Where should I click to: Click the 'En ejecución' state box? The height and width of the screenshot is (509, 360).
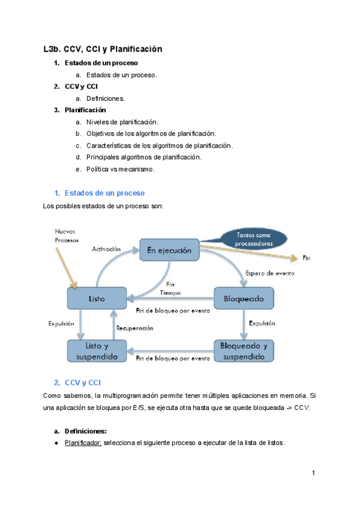tap(169, 250)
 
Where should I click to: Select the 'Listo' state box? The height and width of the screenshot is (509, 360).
tap(97, 298)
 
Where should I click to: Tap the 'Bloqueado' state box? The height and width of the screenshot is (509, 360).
tap(244, 298)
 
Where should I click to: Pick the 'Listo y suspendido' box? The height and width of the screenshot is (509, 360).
tap(97, 351)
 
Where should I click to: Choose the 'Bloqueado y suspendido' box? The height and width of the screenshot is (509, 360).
tap(244, 351)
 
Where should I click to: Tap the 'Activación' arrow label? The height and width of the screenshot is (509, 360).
tap(106, 248)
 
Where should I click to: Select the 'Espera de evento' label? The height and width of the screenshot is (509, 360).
tap(270, 273)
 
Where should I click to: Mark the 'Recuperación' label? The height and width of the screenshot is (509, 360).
tap(134, 328)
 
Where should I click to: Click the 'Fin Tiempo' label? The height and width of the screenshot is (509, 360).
tap(170, 288)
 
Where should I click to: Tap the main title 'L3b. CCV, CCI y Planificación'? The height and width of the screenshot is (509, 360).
tap(103, 49)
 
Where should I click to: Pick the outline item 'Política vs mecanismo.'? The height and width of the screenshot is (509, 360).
tap(121, 169)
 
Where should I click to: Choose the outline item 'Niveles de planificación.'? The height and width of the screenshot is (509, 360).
tap(122, 122)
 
